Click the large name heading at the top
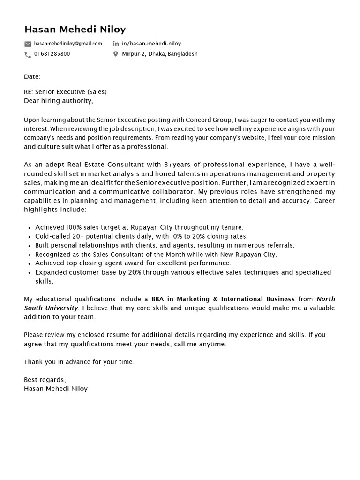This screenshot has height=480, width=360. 75,30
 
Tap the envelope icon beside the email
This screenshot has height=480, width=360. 28,44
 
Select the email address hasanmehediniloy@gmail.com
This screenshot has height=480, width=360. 68,44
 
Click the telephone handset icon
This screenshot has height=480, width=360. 28,54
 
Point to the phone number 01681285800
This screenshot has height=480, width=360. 52,54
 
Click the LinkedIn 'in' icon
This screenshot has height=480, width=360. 116,44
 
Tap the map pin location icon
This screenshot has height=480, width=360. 116,54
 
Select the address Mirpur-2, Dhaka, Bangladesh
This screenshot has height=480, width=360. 159,54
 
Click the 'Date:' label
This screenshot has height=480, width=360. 32,76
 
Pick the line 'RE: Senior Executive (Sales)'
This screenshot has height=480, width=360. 65,92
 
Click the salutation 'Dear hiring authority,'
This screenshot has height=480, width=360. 59,101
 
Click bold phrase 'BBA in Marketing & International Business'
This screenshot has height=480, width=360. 223,299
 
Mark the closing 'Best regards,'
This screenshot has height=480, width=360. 45,380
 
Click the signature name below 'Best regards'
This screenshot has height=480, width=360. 56,389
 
